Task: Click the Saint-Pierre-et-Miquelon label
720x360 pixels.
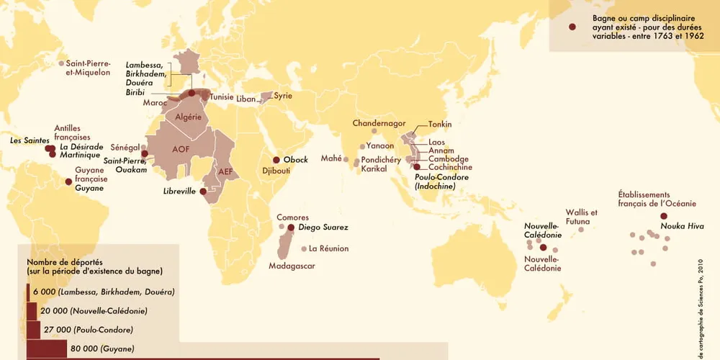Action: [89, 68]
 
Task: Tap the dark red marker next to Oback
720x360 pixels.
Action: [276, 160]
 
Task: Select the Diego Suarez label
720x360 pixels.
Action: [324, 228]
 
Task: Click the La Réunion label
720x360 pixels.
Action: [328, 249]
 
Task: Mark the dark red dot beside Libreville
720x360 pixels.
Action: [204, 192]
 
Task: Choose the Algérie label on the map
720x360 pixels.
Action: [187, 117]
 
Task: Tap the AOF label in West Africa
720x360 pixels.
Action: [181, 149]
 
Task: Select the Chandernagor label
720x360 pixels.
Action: [379, 124]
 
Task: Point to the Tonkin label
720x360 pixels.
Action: [440, 125]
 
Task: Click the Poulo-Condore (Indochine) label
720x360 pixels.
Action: [441, 181]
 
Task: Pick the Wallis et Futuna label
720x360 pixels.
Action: [582, 217]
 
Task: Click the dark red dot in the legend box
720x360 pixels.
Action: [572, 27]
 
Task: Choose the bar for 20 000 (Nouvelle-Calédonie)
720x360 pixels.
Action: [32, 311]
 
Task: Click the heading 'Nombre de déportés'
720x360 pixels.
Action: [66, 262]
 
